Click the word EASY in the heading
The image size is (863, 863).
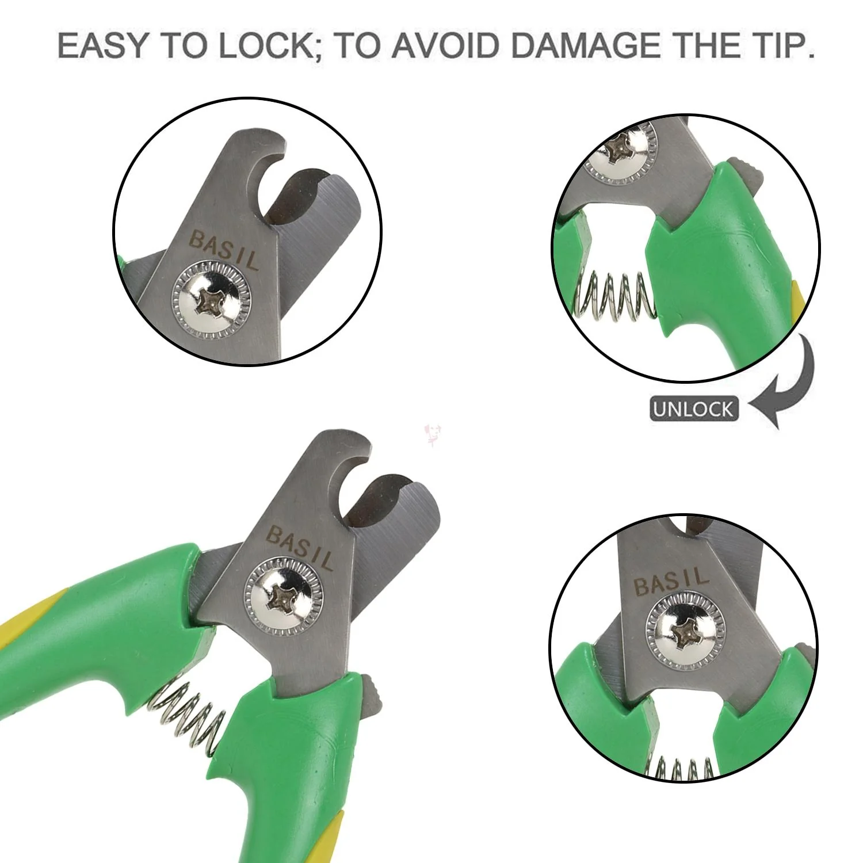(x=104, y=47)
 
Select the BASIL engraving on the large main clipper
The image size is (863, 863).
(x=299, y=547)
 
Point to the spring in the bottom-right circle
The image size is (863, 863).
(x=682, y=765)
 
